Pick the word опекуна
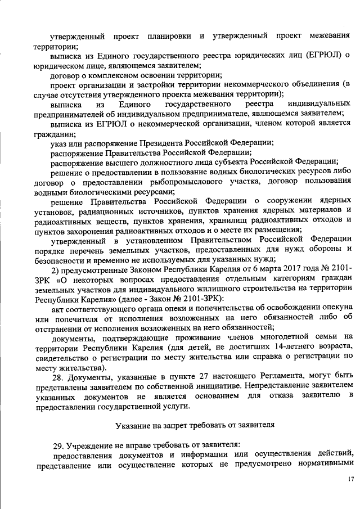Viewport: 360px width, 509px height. click(336, 306)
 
